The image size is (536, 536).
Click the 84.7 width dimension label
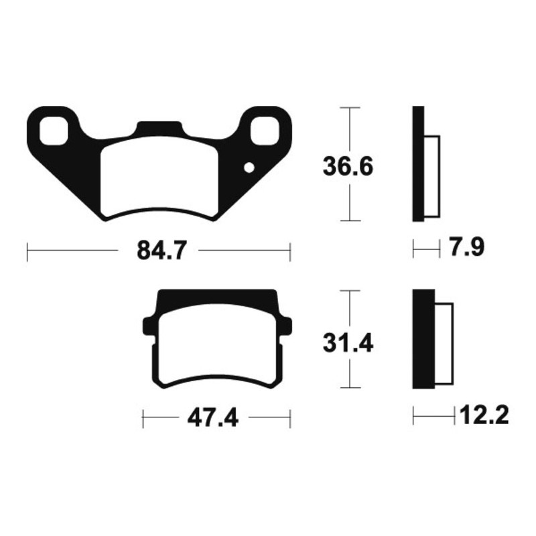tap(162, 251)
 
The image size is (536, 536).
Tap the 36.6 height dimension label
tap(348, 167)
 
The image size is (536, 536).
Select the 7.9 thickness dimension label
tap(466, 247)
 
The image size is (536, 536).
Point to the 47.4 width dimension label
tap(212, 417)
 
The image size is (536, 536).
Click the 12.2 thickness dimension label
tap(484, 415)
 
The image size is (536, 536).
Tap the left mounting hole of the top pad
tap(54, 131)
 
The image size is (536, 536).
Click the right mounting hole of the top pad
tap(265, 130)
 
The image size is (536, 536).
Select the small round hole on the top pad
tap(249, 168)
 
